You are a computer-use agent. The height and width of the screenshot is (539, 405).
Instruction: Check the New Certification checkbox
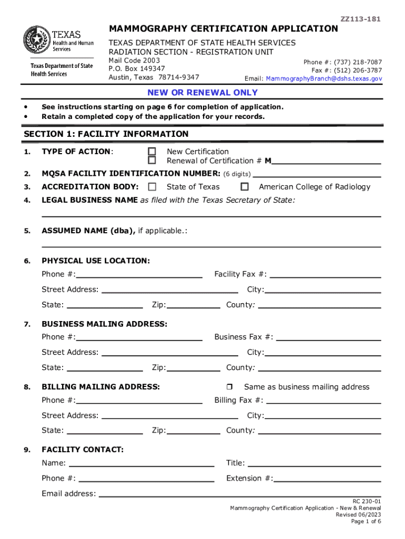coord(152,152)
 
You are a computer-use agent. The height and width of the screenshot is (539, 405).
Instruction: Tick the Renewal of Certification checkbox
coord(152,161)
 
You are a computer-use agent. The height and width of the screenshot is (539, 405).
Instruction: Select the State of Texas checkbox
coord(152,187)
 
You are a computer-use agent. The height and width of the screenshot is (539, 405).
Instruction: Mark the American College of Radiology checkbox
coord(245,187)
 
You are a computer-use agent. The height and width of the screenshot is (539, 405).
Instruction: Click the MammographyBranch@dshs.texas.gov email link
coord(324,78)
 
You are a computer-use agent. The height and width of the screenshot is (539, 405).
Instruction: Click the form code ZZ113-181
coord(360,19)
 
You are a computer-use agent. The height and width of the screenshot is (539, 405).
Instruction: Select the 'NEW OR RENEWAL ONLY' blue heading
coord(202,93)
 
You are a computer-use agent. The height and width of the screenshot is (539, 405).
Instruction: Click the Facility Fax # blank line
coord(325,275)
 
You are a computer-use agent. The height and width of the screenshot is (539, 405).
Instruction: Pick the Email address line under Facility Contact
coord(239,495)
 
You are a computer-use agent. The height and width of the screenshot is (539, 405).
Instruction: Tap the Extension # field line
coord(327,480)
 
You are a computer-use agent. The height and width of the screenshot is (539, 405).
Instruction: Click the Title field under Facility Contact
coord(314,464)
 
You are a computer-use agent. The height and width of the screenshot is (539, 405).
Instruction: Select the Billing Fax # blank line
coord(323,402)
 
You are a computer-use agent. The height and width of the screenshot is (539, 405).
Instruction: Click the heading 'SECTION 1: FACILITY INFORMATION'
coord(106,134)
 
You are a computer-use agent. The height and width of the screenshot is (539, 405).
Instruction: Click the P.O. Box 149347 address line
coord(137,69)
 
